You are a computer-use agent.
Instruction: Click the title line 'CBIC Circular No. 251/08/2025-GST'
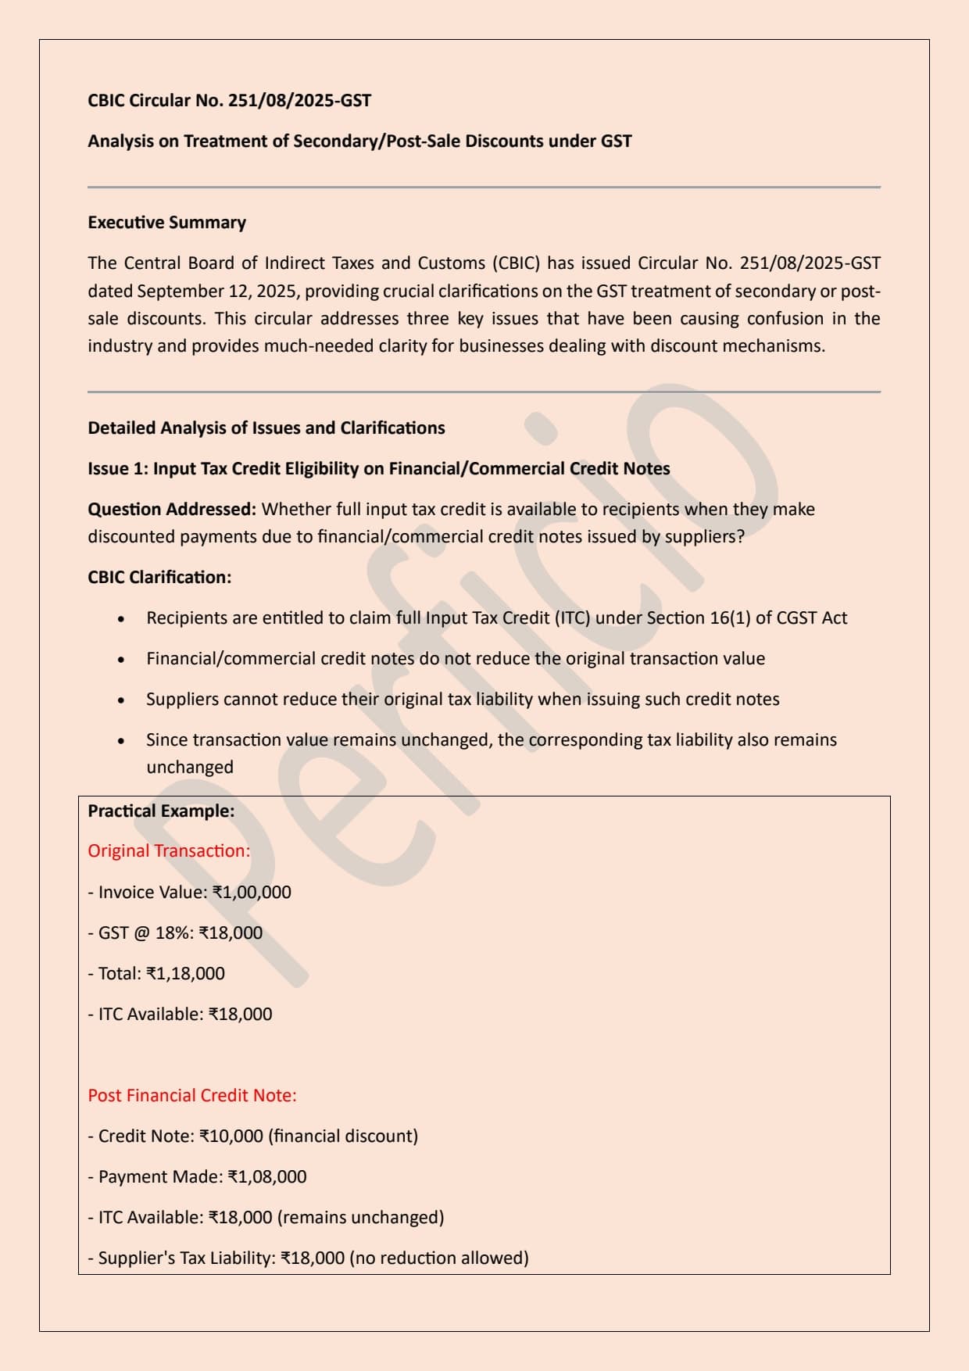click(x=229, y=101)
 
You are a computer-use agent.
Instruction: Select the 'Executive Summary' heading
click(x=166, y=223)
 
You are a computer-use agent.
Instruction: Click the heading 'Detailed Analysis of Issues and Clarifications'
click(x=266, y=428)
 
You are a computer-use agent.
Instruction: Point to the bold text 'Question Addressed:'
click(x=172, y=510)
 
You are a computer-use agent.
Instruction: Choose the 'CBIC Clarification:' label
click(x=159, y=578)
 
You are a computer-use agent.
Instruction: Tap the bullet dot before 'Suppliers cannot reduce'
click(x=121, y=700)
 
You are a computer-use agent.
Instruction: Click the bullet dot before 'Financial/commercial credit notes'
click(x=121, y=660)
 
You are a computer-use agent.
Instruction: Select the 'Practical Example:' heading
click(x=161, y=811)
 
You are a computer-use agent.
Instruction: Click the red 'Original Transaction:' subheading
click(x=169, y=851)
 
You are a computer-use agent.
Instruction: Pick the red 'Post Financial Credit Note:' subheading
click(x=192, y=1096)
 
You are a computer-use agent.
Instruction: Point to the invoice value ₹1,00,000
click(x=252, y=893)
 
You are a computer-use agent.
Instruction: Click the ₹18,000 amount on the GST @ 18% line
click(x=231, y=933)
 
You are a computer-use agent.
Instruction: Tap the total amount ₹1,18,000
click(x=185, y=974)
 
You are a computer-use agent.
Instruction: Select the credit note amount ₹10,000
click(x=231, y=1137)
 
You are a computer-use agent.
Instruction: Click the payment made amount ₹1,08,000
click(x=267, y=1177)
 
